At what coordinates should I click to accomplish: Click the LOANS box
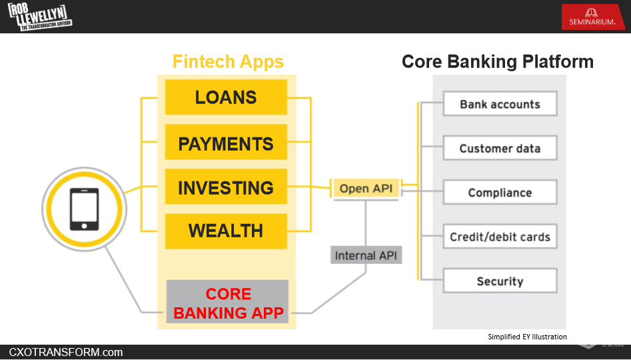(226, 97)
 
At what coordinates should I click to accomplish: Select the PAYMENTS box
(226, 143)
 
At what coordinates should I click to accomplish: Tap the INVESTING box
(226, 187)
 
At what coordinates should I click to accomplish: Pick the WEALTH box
(226, 231)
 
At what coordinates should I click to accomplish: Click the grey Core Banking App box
(228, 302)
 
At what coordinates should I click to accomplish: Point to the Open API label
(366, 189)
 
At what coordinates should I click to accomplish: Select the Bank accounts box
(500, 105)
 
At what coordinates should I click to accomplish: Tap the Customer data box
(500, 149)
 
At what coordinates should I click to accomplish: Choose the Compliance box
(500, 193)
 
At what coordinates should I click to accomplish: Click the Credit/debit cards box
(500, 237)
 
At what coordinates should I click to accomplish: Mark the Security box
(500, 281)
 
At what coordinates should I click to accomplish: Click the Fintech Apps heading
(228, 62)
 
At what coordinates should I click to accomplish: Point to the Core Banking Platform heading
(497, 62)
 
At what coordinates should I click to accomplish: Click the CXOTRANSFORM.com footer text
(66, 352)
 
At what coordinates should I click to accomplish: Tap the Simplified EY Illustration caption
(527, 337)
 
